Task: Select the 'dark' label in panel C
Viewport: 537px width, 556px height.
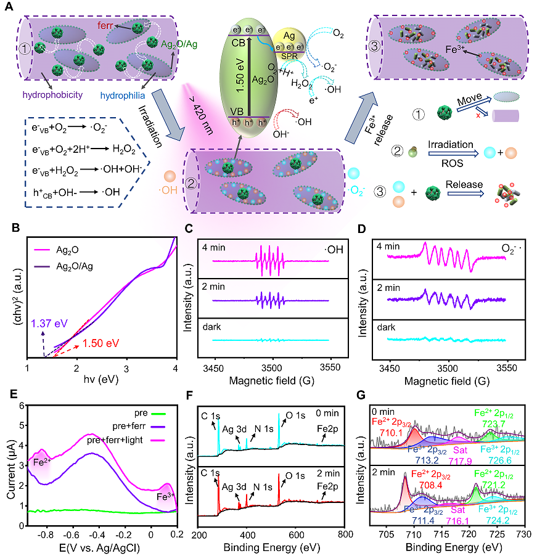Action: (x=213, y=328)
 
